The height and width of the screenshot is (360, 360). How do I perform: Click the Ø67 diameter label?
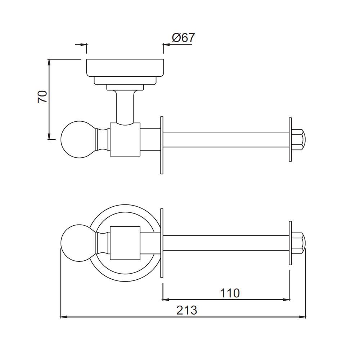pos(183,38)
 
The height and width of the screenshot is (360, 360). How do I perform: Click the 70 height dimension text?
pos(43,97)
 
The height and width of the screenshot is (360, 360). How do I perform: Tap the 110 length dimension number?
pos(230,293)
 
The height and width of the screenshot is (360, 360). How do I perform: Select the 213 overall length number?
pos(187,310)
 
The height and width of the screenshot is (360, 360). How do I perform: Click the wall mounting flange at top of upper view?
pos(125,67)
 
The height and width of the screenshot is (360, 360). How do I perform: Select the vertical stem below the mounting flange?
pos(125,106)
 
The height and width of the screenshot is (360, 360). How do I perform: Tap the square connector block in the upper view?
pos(125,140)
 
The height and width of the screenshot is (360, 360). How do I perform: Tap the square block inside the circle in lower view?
pos(125,243)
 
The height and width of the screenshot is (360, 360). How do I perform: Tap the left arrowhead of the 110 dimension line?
pos(166,299)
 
